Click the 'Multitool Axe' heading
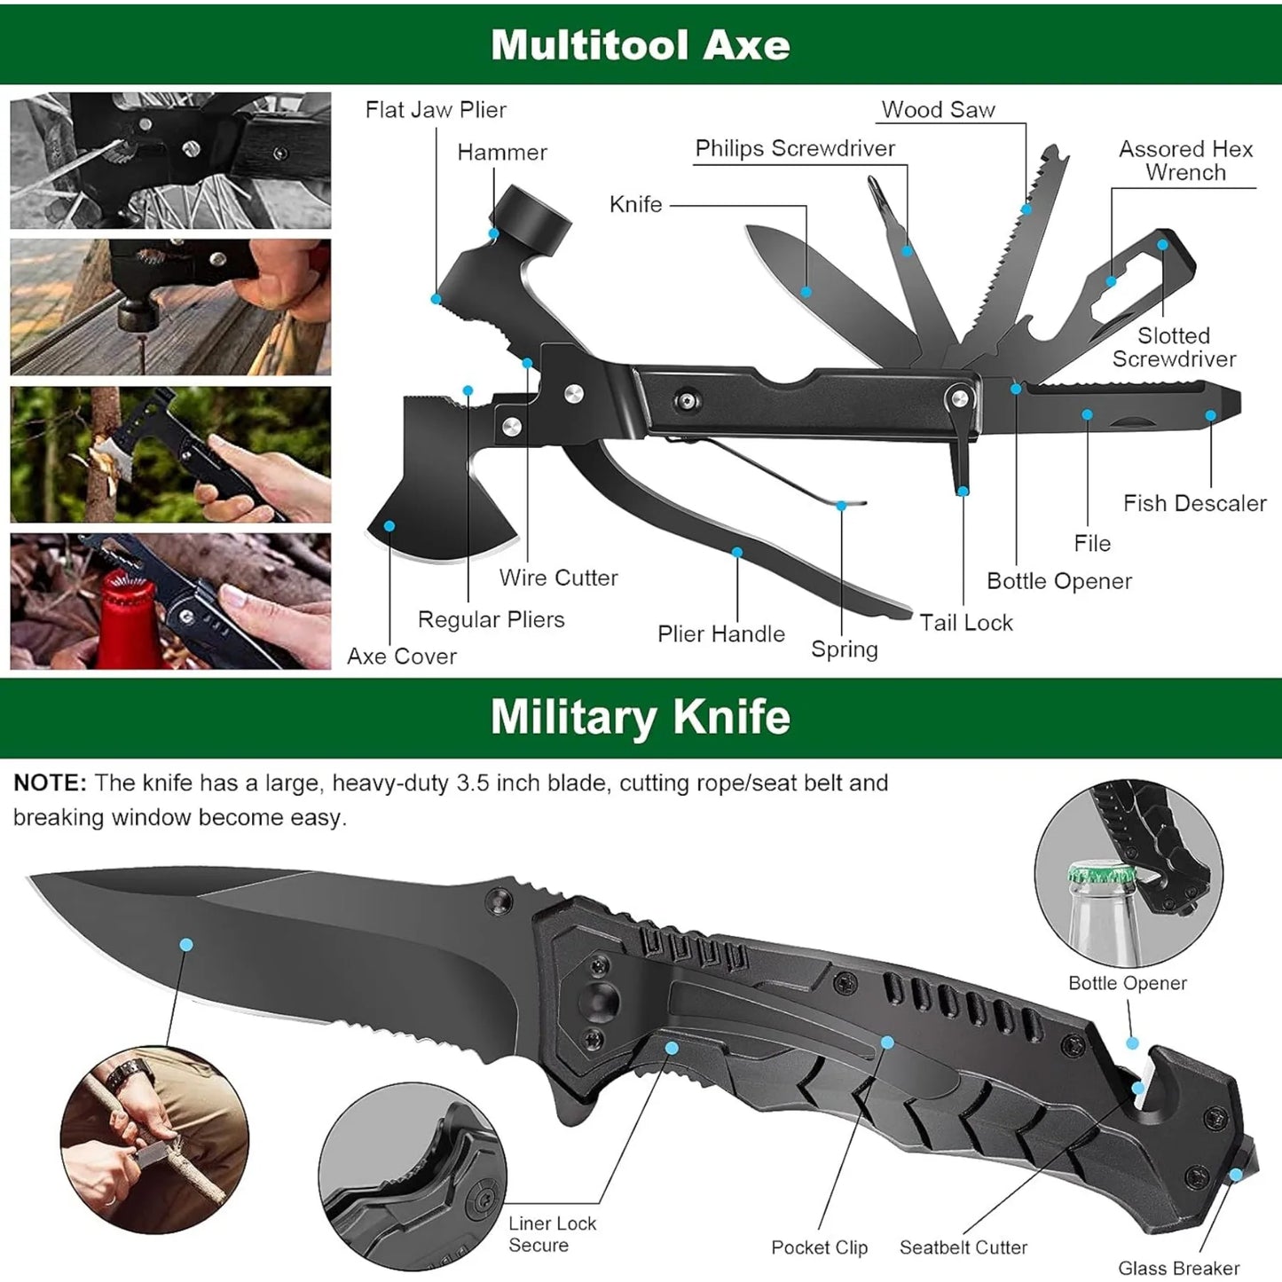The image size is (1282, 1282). tap(640, 44)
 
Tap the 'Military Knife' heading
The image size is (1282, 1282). tap(640, 717)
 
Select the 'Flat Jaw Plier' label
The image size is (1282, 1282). tap(436, 110)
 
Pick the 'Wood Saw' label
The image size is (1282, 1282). tap(938, 110)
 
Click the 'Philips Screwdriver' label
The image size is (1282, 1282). tap(795, 148)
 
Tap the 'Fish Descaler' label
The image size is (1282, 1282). tap(1194, 503)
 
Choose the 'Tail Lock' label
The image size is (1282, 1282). tap(965, 623)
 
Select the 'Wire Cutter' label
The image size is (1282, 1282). tap(558, 578)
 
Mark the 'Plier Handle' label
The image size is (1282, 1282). tap(720, 633)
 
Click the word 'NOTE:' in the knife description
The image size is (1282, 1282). tap(50, 783)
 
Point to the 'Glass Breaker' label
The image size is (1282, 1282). tap(1178, 1268)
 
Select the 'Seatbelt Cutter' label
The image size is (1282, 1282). tap(963, 1247)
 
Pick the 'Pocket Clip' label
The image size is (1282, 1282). tap(819, 1247)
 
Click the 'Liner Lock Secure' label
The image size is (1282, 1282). tap(552, 1234)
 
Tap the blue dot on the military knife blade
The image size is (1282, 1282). tap(186, 945)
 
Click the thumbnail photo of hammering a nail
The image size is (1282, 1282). tap(170, 307)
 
